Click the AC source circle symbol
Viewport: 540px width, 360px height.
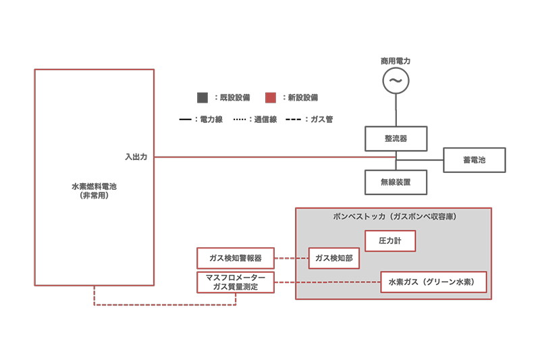point(396,81)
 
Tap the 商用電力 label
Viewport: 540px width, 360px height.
point(396,61)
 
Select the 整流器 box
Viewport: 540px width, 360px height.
point(396,138)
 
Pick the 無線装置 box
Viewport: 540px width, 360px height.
point(396,182)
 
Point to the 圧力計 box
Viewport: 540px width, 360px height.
point(390,241)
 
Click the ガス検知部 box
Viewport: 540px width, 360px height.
point(333,258)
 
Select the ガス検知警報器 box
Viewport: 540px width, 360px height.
point(236,258)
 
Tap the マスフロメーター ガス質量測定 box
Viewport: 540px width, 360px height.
point(236,282)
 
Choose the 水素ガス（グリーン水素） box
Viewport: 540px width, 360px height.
point(433,282)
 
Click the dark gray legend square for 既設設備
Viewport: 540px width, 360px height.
point(202,98)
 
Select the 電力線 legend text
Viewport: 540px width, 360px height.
point(207,119)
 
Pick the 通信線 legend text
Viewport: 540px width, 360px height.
point(262,119)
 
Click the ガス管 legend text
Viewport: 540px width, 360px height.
point(317,119)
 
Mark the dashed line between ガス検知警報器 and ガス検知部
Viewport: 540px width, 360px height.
point(292,258)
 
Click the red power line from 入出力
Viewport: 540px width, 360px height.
point(270,157)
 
